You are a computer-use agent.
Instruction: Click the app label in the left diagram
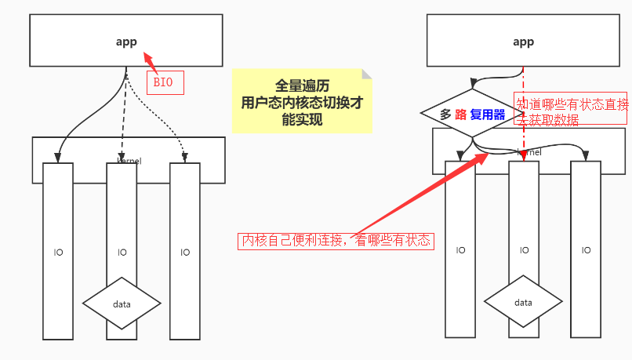tap(126, 42)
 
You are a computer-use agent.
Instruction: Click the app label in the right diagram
tap(523, 42)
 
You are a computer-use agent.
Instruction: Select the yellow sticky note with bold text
tap(302, 100)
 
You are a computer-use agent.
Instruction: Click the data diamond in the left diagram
tap(122, 304)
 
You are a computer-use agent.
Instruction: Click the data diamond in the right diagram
tap(523, 302)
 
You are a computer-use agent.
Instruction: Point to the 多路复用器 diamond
tap(472, 115)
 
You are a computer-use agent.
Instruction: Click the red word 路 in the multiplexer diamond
tap(461, 115)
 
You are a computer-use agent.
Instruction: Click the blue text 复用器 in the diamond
tap(487, 115)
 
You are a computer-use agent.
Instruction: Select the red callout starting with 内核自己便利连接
tap(336, 241)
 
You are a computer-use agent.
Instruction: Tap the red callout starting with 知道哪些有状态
tap(572, 111)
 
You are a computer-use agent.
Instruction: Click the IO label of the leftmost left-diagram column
tap(58, 253)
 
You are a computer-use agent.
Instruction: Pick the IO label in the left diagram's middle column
tap(122, 253)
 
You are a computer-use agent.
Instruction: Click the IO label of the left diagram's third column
tap(185, 253)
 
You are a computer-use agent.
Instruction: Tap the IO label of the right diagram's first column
tap(460, 250)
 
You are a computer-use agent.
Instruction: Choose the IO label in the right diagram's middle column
tap(523, 250)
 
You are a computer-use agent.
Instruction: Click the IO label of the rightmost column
tap(586, 250)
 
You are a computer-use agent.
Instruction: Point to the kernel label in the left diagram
tap(129, 161)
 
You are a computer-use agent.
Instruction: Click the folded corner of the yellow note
tap(366, 75)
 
